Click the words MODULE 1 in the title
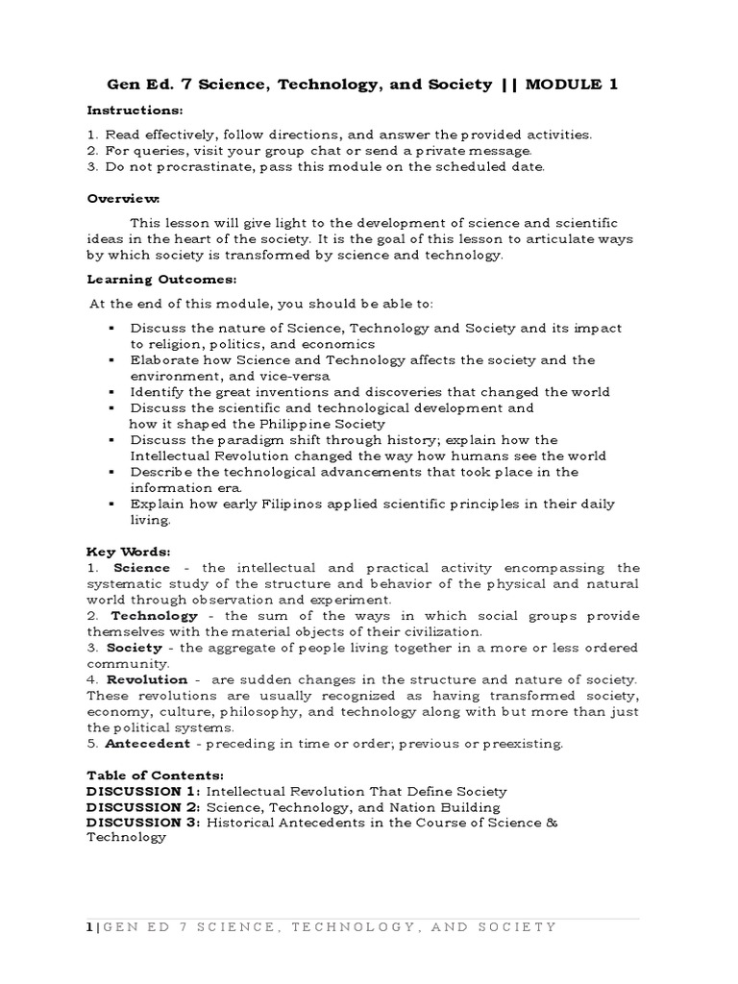click(574, 85)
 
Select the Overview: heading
click(124, 198)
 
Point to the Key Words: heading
click(128, 552)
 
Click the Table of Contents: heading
click(155, 775)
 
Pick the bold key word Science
click(142, 568)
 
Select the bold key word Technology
click(155, 615)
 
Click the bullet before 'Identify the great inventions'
click(111, 392)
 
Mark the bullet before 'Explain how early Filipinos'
click(111, 504)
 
